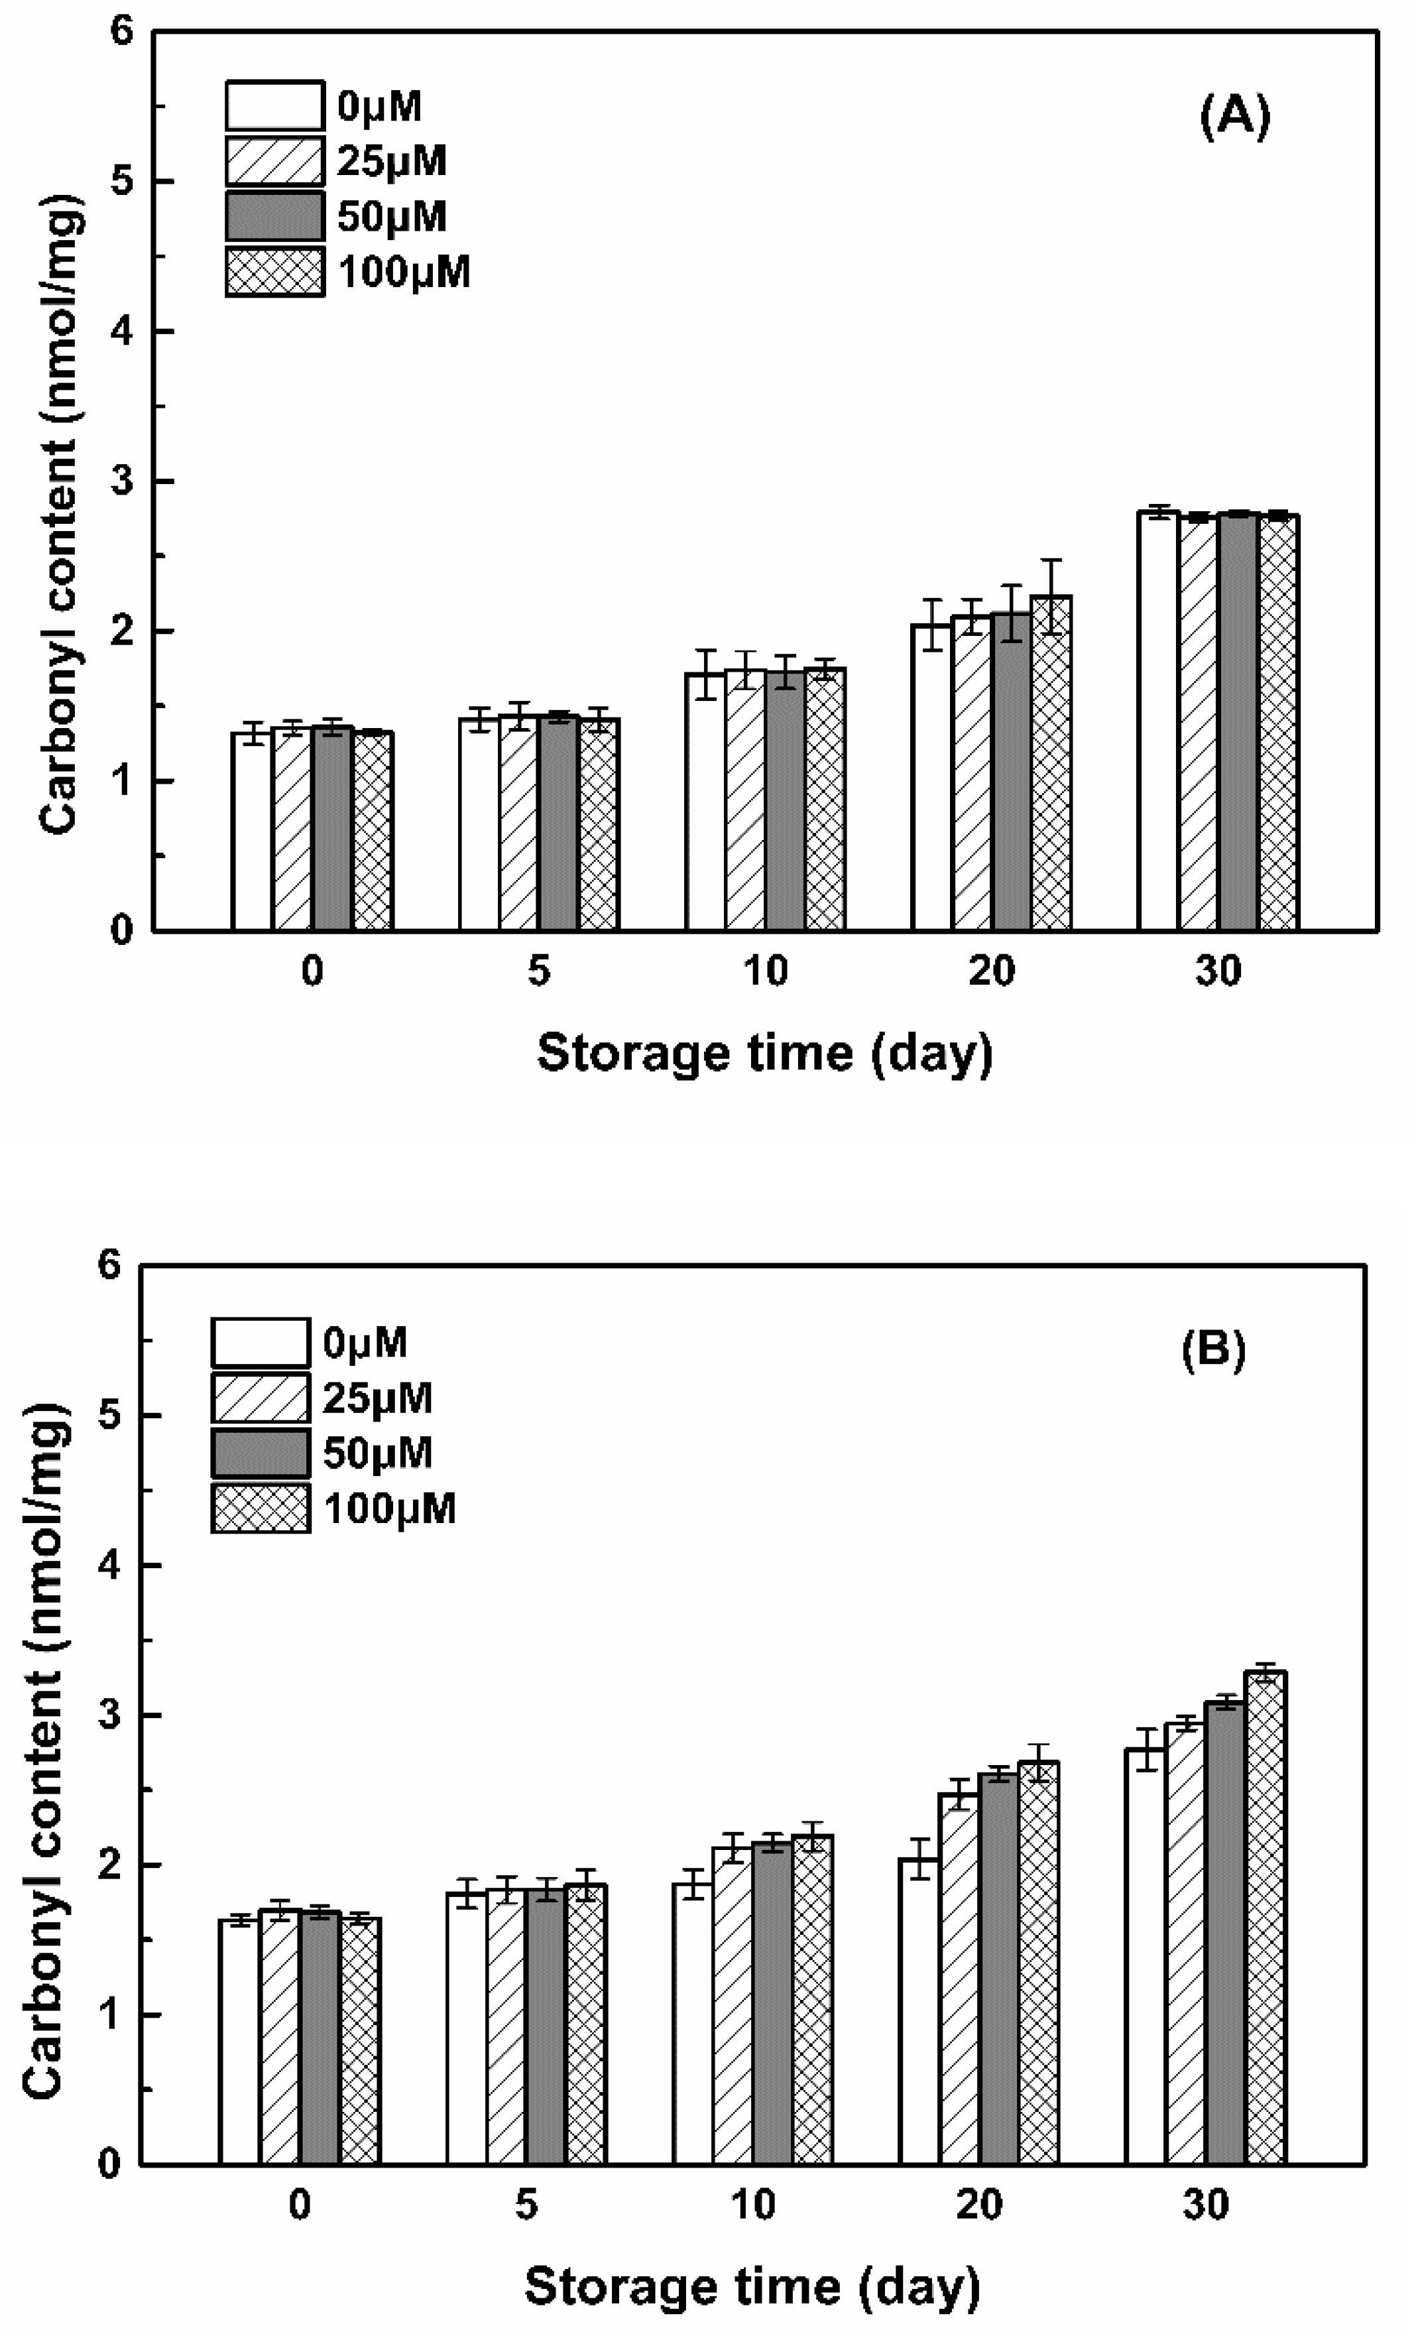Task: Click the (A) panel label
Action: [1234, 119]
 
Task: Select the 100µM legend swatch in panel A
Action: [274, 273]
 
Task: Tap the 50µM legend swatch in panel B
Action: [260, 1453]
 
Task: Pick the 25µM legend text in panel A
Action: [392, 161]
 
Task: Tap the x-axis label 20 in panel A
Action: [992, 971]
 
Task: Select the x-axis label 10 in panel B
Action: [754, 2205]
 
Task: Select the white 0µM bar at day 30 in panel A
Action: [1159, 721]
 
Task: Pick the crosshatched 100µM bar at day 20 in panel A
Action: [1051, 764]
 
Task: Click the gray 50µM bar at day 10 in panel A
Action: [785, 802]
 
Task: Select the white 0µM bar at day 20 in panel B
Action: [919, 2012]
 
